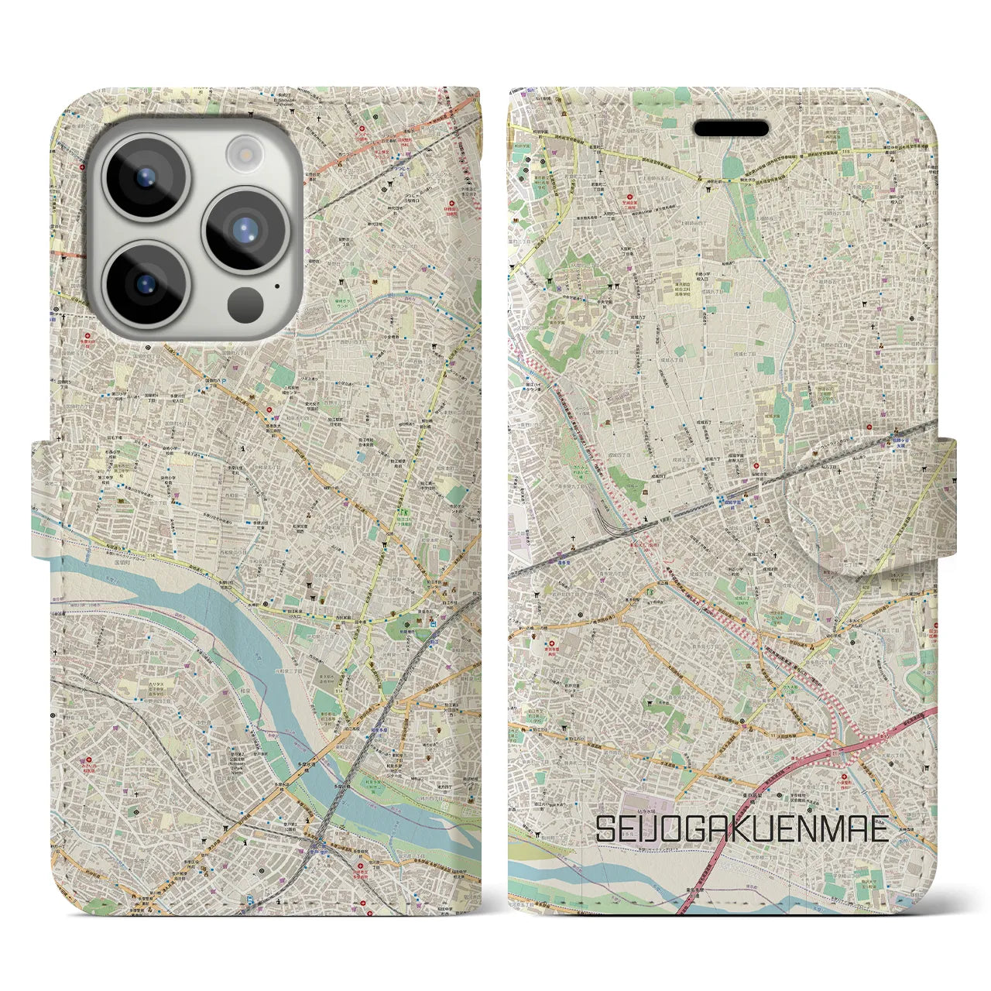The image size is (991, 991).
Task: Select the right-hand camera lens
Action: pos(245,228)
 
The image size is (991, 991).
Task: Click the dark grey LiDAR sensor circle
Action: pos(245,303)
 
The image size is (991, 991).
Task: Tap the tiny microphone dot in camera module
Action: pos(276,285)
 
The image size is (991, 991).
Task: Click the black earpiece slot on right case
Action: pos(730,129)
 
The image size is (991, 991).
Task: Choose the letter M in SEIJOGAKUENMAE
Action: pos(833,829)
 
